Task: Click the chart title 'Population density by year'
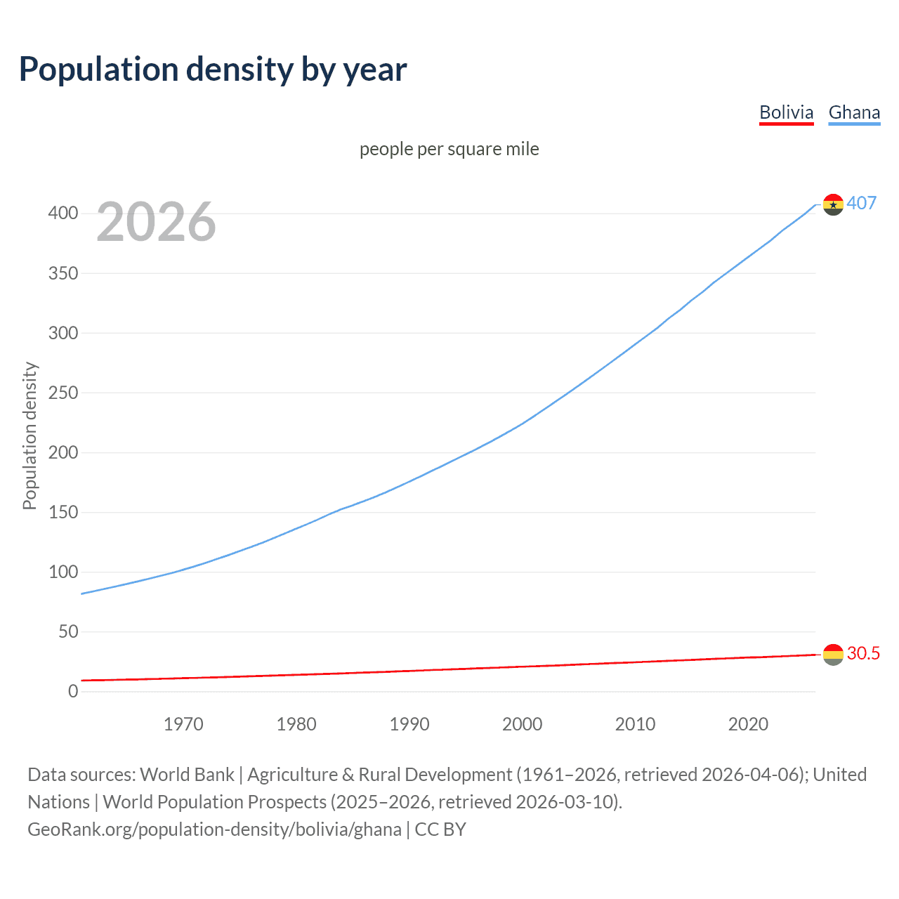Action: [213, 70]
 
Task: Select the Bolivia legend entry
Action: [786, 112]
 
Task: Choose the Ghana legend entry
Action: [854, 112]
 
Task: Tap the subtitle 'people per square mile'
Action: [449, 149]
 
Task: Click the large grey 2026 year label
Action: [156, 222]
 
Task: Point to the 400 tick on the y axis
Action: [63, 213]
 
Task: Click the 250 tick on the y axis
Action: [63, 393]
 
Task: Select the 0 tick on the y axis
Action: [73, 692]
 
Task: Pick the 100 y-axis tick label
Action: [63, 572]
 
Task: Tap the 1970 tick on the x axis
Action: [183, 724]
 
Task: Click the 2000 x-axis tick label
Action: [522, 724]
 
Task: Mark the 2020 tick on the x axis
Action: [748, 724]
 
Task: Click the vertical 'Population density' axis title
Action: [29, 435]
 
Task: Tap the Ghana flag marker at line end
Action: [833, 204]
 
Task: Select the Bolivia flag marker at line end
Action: [833, 655]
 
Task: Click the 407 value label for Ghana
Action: [861, 203]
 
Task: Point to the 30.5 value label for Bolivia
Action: [863, 654]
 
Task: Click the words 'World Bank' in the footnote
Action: [187, 775]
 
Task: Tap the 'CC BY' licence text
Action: [440, 829]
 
